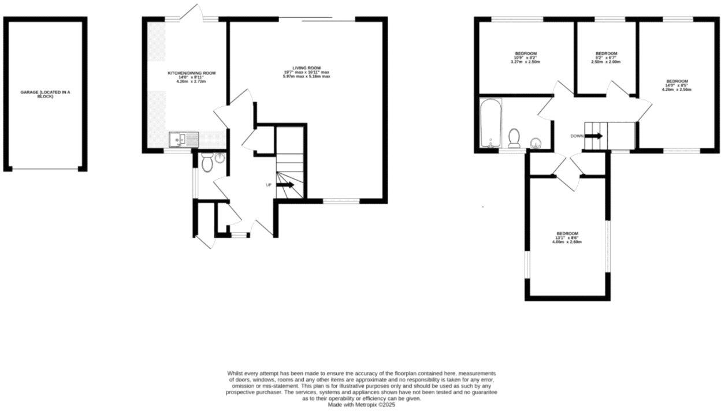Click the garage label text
45,94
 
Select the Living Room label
306,68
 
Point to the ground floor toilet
208,163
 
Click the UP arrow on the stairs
285,185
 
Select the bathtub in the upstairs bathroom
489,123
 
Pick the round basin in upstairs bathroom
536,143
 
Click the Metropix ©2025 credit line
361,405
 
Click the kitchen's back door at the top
191,13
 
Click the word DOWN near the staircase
577,136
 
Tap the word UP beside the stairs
269,185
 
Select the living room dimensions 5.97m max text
306,76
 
